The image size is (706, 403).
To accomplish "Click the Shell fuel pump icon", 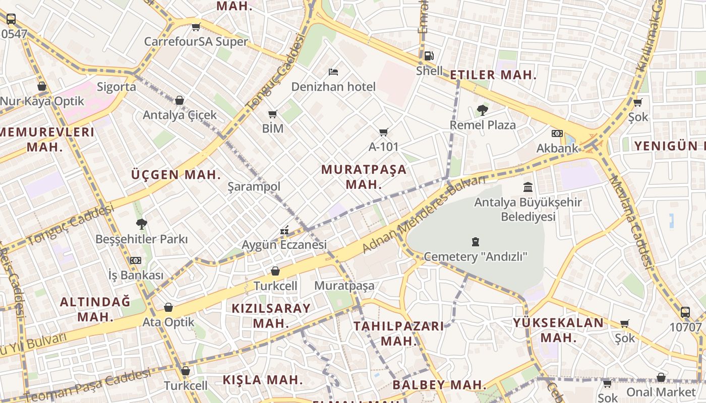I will click(428, 56).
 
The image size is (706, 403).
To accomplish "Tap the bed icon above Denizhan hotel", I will click(333, 72).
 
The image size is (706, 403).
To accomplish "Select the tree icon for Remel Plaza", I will click(483, 110).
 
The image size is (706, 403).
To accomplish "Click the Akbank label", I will click(557, 148).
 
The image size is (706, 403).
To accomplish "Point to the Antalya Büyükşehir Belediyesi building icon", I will click(528, 187).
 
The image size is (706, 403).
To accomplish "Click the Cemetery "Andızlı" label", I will click(475, 256).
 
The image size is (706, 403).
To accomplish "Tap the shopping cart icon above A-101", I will click(384, 132).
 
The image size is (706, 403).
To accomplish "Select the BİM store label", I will click(273, 128).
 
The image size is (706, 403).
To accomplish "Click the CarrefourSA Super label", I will click(196, 41).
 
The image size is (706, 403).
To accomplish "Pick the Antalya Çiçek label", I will click(180, 115).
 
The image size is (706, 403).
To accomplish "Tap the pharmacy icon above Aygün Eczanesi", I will click(284, 230).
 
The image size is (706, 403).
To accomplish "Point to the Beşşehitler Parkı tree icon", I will click(141, 224).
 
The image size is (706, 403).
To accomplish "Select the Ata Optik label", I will click(168, 321).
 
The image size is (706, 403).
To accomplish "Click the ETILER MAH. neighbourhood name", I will click(493, 75).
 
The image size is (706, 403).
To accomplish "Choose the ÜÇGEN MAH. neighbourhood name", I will click(176, 175).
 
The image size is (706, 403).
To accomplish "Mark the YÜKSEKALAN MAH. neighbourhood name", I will click(558, 330).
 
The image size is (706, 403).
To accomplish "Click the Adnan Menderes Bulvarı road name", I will click(423, 215).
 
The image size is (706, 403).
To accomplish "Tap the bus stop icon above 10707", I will click(685, 312).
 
